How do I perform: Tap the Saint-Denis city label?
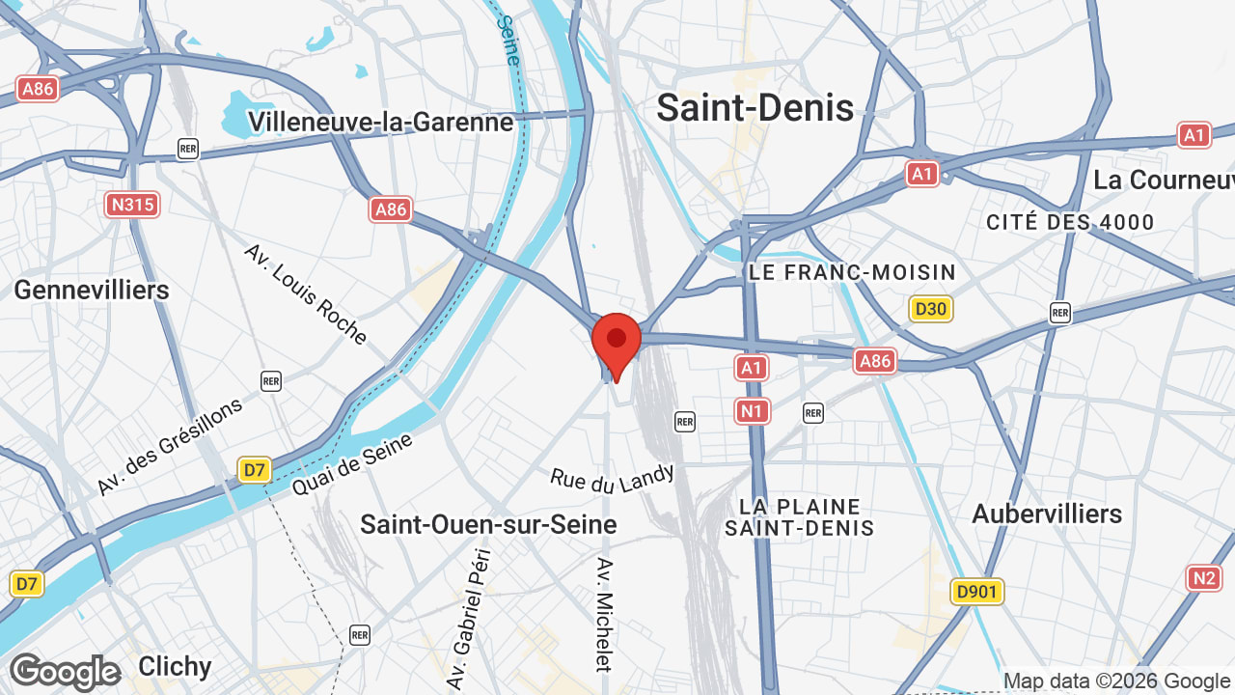[755, 107]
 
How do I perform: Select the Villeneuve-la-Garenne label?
[381, 122]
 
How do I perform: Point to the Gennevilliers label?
[92, 290]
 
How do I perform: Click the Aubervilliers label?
[1047, 514]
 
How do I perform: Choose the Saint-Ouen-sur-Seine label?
[488, 524]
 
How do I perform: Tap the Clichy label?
[175, 666]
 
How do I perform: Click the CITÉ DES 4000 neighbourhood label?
[1070, 222]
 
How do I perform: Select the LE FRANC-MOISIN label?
[852, 273]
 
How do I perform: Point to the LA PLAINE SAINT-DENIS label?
[800, 517]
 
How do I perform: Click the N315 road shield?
[132, 205]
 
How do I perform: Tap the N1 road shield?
[753, 412]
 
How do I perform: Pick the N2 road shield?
[1204, 578]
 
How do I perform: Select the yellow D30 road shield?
[930, 309]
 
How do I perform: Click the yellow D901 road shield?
[976, 592]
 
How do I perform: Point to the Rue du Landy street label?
[613, 480]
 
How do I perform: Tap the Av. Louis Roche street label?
[305, 293]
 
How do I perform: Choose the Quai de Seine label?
[352, 464]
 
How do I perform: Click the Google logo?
[66, 672]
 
